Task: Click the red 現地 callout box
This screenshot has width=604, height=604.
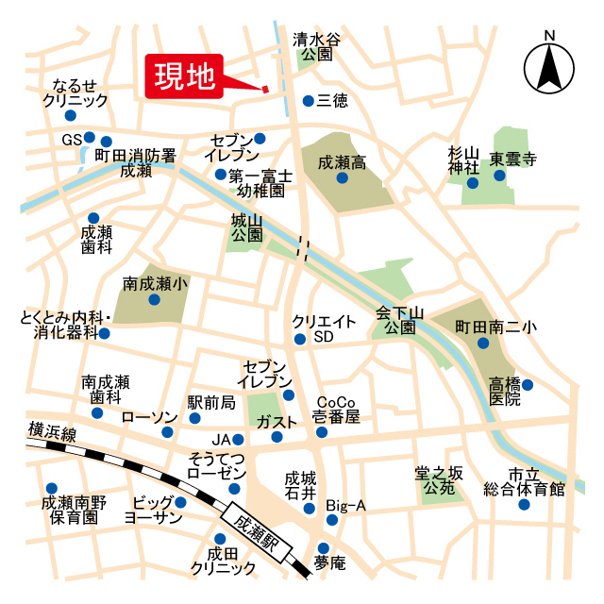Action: (x=184, y=75)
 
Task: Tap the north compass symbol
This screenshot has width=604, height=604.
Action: (x=549, y=66)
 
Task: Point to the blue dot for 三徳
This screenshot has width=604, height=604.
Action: (x=308, y=100)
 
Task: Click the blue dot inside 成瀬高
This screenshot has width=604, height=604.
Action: (x=343, y=177)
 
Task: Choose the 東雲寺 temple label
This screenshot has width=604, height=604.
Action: (x=518, y=159)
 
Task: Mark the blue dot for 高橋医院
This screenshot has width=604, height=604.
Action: (x=528, y=384)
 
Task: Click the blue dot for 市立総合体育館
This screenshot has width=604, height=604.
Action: (x=524, y=504)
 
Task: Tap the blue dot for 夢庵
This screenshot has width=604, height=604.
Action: (x=324, y=548)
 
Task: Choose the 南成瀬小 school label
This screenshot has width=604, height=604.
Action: (x=155, y=282)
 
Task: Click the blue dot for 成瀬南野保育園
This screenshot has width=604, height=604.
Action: (x=49, y=489)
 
